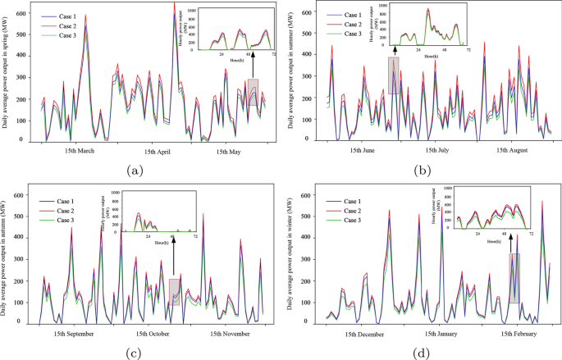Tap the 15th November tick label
(224, 334)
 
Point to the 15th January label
(441, 334)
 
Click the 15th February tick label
(514, 334)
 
